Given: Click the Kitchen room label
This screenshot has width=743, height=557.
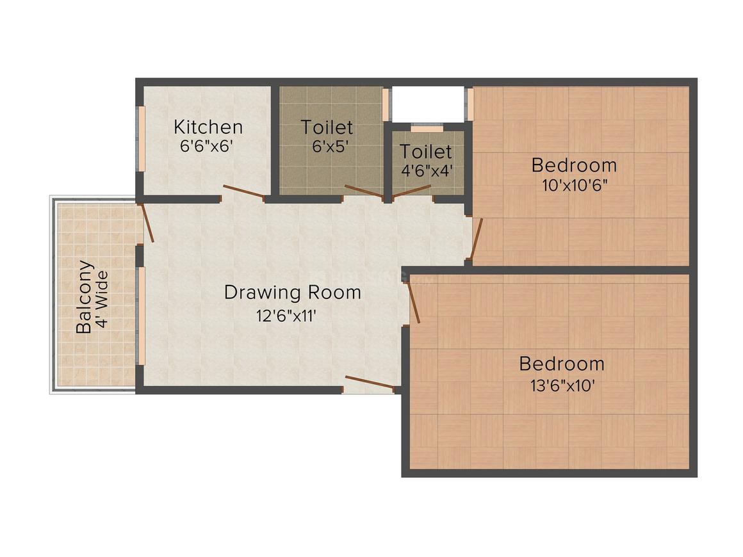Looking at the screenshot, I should point(208,126).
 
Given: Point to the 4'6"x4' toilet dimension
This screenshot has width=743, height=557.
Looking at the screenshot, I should point(426,172).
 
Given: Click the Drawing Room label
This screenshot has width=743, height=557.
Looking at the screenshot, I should point(292,293).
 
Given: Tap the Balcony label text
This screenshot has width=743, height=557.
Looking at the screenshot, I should point(84,296).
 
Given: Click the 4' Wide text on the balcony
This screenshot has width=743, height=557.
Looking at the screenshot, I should point(101,300).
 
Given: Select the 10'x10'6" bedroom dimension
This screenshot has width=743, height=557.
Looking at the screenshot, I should point(574,185).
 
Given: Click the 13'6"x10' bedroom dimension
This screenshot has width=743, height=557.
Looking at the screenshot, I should point(561,385).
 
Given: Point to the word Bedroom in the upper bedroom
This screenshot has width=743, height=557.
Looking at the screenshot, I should point(574,165).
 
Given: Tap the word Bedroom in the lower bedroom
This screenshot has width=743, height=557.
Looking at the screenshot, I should point(561,364).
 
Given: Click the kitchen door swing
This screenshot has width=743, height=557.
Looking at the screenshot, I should point(243,192).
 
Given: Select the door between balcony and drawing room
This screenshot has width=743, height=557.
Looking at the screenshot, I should point(147,223).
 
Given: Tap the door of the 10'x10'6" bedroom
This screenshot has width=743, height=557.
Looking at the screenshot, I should point(477,239).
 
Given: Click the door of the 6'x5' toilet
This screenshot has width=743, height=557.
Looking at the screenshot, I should point(364,191).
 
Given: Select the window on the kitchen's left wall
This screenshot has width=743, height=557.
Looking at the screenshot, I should point(142,139).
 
